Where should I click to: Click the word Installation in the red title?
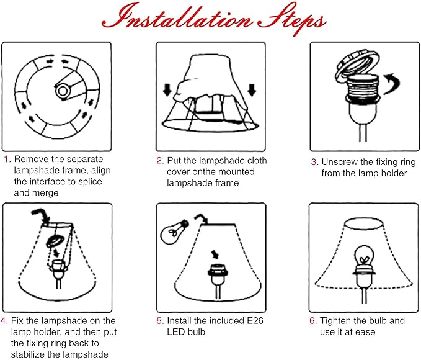(177, 17)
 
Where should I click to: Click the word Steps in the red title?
(292, 19)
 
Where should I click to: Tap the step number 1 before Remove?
(7, 159)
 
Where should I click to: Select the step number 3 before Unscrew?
(315, 162)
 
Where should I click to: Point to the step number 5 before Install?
(160, 321)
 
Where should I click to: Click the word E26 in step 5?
(255, 320)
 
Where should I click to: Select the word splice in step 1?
(90, 182)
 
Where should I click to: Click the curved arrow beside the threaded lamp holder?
(392, 84)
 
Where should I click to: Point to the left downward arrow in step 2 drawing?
(167, 90)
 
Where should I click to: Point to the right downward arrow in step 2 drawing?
(252, 90)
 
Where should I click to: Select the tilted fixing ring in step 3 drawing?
(358, 65)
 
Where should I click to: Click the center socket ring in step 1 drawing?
(63, 91)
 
